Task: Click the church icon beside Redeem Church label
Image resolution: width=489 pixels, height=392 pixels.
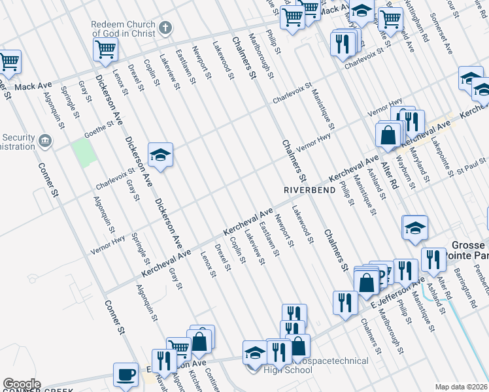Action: [166, 28]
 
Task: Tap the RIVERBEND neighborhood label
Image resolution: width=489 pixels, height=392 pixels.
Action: [305, 189]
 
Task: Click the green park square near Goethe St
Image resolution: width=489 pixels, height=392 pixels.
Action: [84, 152]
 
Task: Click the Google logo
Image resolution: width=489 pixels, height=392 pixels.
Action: [22, 384]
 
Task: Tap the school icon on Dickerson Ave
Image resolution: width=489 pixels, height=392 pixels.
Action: [160, 155]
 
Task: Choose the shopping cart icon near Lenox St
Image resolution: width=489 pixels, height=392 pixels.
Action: [106, 48]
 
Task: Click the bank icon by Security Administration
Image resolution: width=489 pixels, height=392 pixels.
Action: [45, 140]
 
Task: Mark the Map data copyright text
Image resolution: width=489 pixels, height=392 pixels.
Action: [462, 387]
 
